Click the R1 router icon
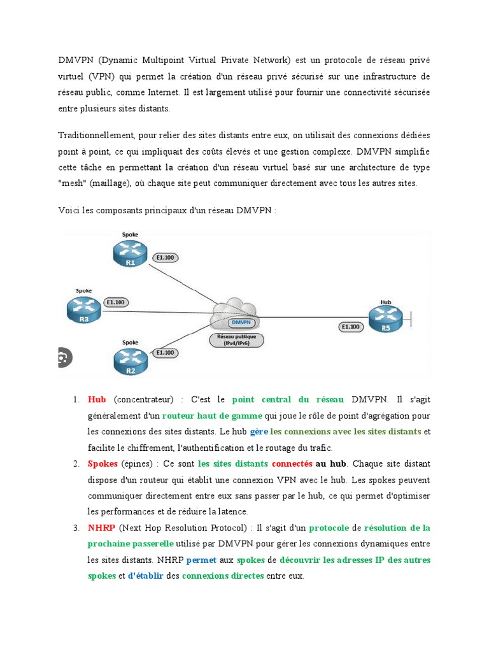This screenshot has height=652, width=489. (x=131, y=254)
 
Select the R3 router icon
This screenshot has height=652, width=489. (x=83, y=309)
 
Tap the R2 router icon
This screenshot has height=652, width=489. (x=130, y=362)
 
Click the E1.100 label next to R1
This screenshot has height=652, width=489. (x=167, y=258)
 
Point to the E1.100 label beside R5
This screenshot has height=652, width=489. (x=351, y=327)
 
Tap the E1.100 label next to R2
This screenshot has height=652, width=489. (x=166, y=352)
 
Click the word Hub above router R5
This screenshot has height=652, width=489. (x=385, y=302)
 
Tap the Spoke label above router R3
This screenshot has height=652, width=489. (x=83, y=290)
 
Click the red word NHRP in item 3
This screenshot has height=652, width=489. (x=101, y=528)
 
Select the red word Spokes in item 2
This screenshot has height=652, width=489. (x=103, y=464)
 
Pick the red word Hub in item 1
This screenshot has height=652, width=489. (x=97, y=399)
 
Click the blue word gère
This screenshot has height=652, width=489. (x=259, y=432)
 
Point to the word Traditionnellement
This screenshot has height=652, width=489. (x=95, y=136)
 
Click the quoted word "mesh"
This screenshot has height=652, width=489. (x=72, y=183)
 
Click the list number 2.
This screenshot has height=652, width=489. (x=76, y=464)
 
